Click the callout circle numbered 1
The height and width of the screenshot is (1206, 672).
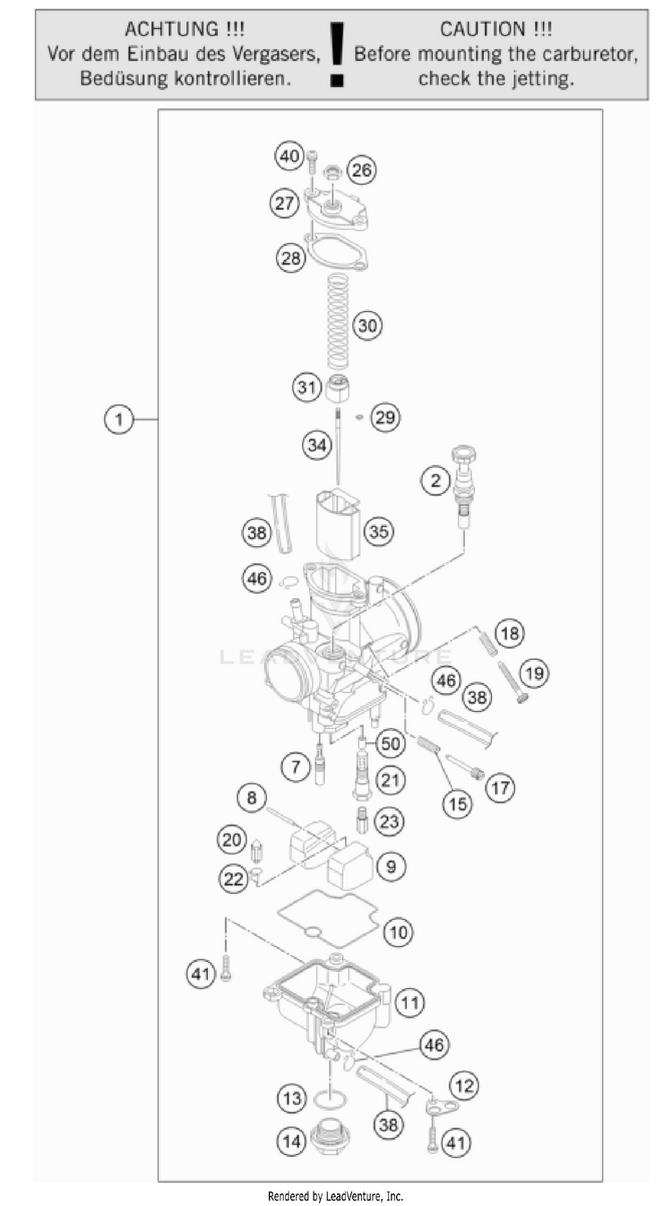coord(119,419)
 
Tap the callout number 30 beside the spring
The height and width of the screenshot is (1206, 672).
coord(367,325)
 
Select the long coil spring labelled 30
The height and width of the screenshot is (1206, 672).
coord(338,321)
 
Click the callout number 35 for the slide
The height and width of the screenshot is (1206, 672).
coord(379,532)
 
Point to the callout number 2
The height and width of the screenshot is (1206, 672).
coord(435,481)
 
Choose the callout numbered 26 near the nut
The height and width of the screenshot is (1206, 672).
coord(362,170)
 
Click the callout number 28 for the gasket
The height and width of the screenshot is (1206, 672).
coord(291,258)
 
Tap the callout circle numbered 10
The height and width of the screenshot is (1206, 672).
coord(398,932)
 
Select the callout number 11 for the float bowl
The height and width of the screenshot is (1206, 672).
coord(410,1002)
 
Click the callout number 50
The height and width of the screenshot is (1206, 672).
coord(391,743)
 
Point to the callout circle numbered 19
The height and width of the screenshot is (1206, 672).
coord(534,673)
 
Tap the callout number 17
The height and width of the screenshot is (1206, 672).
coord(500,787)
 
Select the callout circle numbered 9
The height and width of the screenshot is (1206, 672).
coord(392,866)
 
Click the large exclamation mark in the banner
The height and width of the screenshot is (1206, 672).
coord(338,55)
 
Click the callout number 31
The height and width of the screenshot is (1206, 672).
coord(307,386)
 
